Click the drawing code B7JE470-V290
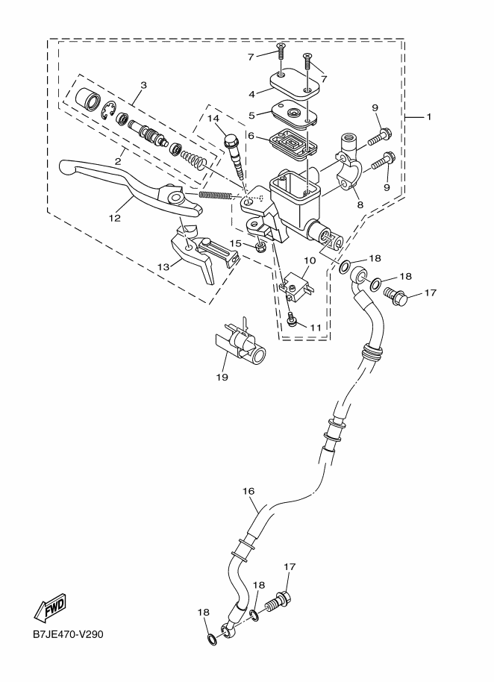pos(67,635)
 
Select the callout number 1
pos(429,116)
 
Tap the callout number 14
pos(213,119)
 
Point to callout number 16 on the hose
pos(248,491)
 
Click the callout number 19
pos(222,377)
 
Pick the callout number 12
pos(114,219)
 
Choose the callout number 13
pos(162,265)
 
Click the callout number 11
pos(315,327)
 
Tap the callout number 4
pos(252,94)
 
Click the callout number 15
pos(234,243)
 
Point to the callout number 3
pos(143,85)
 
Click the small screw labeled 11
pos(293,321)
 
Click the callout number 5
pos(252,116)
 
